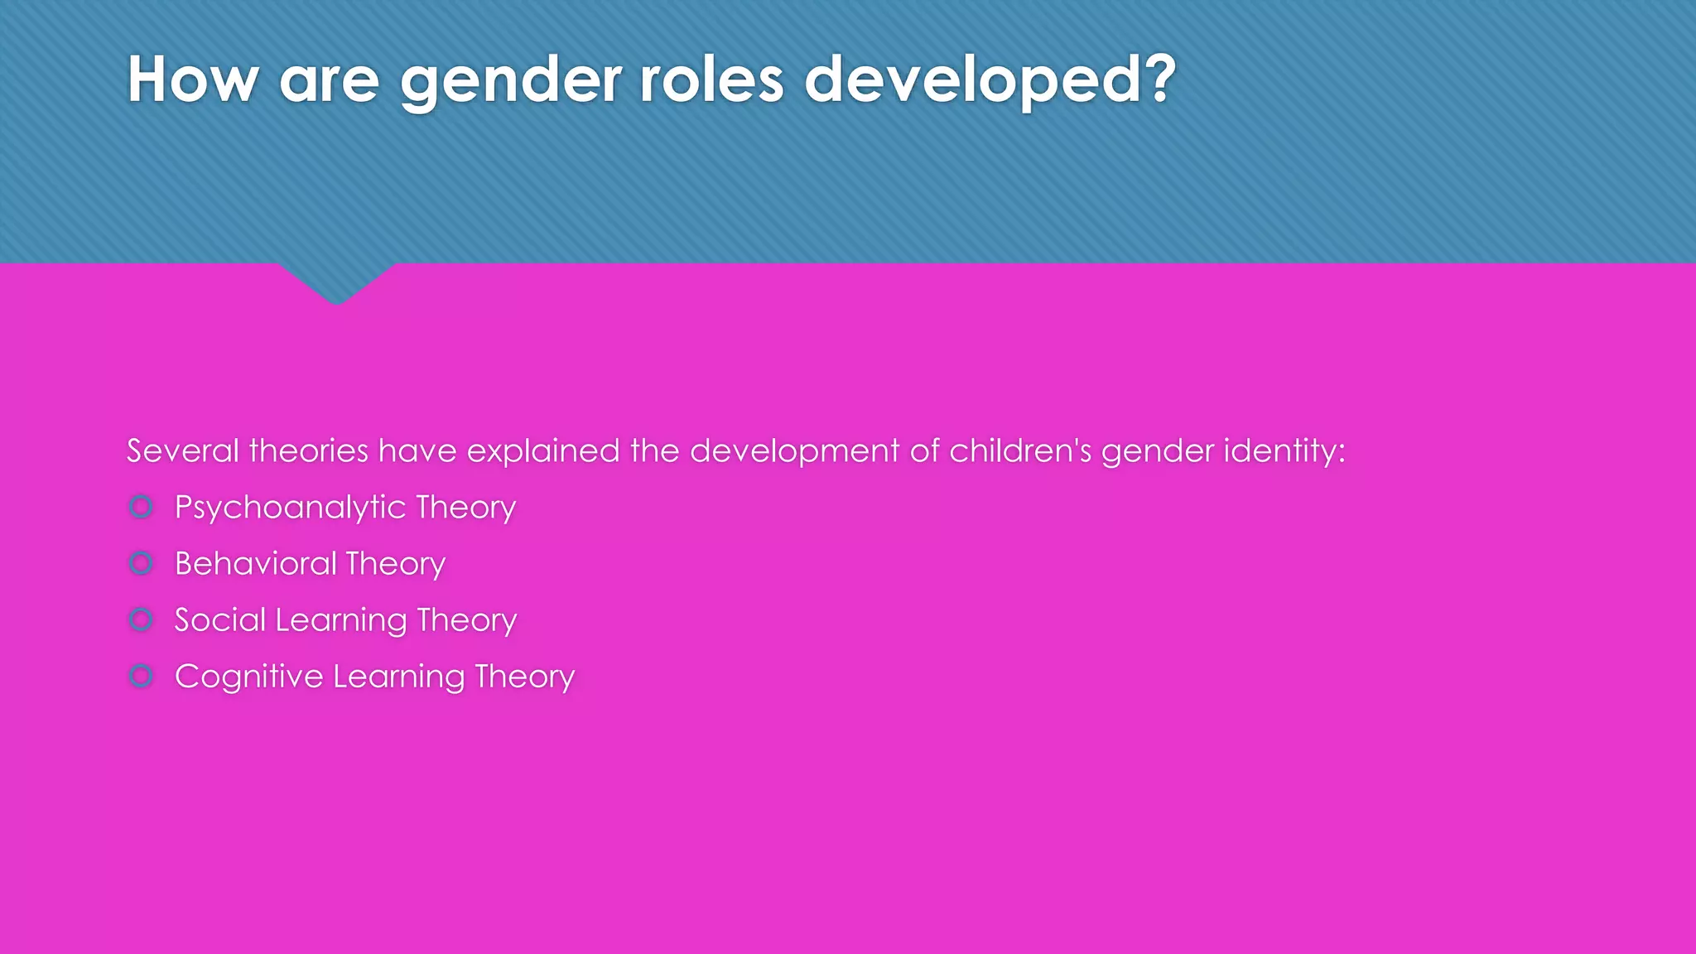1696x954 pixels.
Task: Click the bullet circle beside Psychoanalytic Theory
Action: (142, 507)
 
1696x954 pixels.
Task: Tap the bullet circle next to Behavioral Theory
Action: (142, 563)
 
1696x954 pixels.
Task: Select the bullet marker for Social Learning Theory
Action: (142, 619)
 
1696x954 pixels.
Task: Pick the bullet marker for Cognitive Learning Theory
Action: (142, 676)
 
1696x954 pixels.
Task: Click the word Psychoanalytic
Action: (290, 508)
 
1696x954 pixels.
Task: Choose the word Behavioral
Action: (256, 564)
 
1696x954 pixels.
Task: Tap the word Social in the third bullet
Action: (220, 620)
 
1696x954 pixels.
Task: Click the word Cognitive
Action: (248, 677)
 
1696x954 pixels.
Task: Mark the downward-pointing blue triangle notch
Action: (336, 282)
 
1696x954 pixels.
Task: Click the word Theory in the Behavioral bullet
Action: (396, 564)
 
